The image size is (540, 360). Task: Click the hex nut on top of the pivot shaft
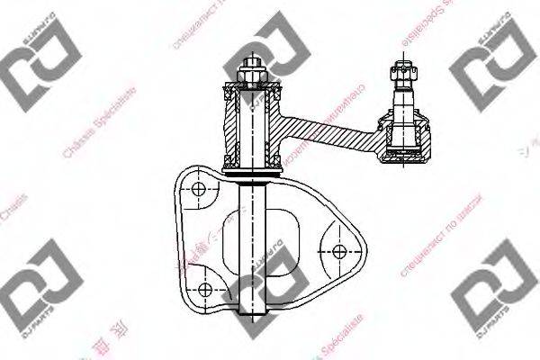point(250,71)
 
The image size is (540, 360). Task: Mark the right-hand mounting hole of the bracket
point(340,250)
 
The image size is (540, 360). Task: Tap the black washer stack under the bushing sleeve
point(252,168)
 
